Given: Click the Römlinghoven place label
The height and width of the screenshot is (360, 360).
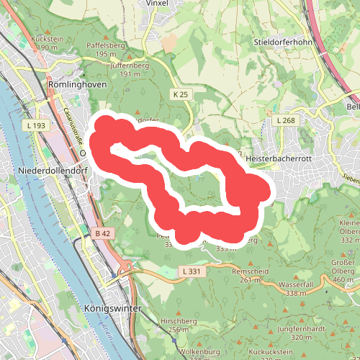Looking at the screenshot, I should tap(76, 84).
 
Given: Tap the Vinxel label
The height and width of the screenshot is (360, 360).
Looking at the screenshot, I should tap(156, 3).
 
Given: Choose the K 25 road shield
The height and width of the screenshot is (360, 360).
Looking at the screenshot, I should tap(180, 94).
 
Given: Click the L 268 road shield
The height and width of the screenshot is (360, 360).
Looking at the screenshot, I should tap(286, 120).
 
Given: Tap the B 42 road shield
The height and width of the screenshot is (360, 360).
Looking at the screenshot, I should tap(102, 233).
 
